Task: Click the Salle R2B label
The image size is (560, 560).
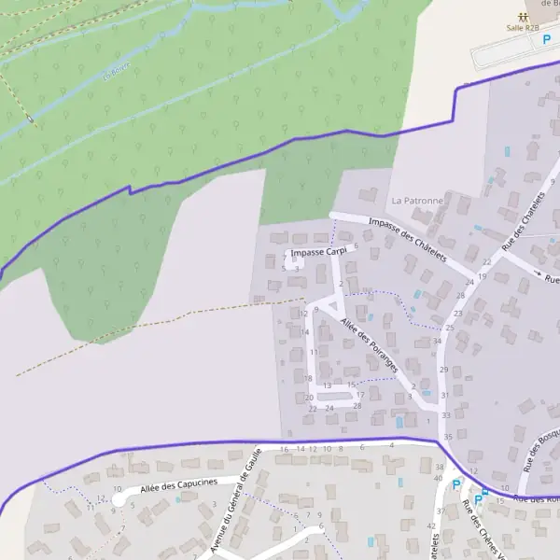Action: tap(523, 28)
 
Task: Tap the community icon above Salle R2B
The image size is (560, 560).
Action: tap(523, 16)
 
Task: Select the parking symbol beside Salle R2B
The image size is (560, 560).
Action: tap(548, 40)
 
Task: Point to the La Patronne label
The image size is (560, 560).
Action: tap(417, 201)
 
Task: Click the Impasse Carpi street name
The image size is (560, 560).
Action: tap(318, 253)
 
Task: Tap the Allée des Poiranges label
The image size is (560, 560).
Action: tap(371, 346)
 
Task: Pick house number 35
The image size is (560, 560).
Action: tap(448, 437)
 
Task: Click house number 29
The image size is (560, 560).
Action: tap(443, 370)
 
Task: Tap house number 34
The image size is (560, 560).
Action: tap(437, 341)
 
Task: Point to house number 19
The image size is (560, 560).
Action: tap(483, 277)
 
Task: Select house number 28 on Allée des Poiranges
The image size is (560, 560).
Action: tap(357, 406)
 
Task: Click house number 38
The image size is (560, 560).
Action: tap(440, 466)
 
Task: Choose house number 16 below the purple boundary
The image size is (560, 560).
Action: tap(284, 449)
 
